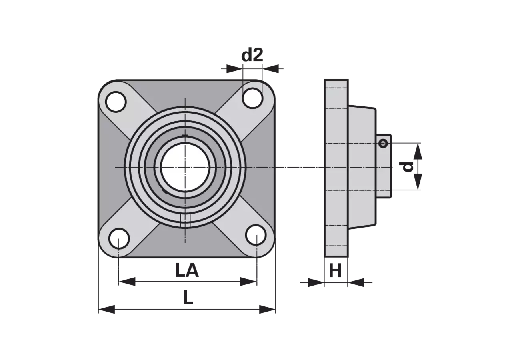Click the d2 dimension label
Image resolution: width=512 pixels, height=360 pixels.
252,55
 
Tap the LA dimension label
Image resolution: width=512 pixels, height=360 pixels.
187,270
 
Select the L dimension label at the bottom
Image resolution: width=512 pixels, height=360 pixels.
188,298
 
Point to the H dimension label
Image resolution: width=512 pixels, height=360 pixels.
335,271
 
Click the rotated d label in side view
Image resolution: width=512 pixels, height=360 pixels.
406,167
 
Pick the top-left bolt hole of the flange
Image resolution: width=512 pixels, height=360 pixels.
116,102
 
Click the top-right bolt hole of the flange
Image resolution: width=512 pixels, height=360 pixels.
252,98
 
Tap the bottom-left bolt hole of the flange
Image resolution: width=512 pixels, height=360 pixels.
119,239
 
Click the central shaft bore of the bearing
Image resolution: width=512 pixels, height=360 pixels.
185,167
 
